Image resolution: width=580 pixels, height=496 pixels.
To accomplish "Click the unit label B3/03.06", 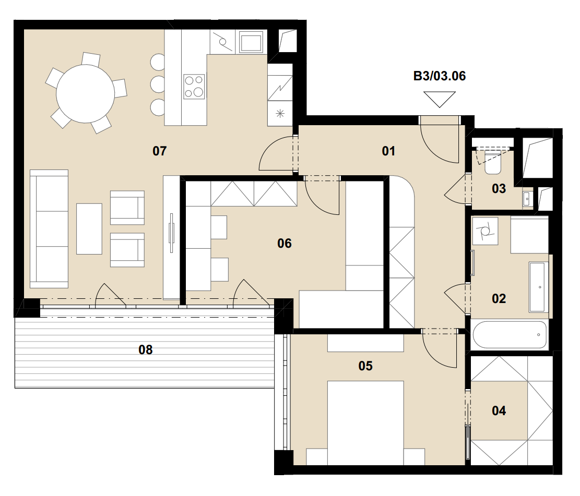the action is coord(440,76).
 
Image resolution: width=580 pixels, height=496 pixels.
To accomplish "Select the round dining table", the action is coord(86,94).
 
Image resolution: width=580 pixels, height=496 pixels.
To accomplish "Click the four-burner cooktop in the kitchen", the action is coord(194,87).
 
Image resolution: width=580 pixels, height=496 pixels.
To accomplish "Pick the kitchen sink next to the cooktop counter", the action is coord(251,42).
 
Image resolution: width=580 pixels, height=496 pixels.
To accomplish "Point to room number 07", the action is coord(160,151).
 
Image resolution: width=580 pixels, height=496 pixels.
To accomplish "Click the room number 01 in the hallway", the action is coord(388,151).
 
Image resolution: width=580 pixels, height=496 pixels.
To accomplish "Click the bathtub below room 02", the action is coord(510,335).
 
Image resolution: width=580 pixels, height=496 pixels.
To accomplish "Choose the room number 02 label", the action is coord(499,299).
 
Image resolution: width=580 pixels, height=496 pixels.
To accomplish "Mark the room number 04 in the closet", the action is coord(499,410).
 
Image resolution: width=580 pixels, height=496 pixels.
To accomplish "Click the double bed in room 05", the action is coord(365,423).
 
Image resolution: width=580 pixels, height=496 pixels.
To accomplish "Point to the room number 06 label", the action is coord(285,243).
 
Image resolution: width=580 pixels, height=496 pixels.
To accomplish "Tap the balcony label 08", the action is coord(145,349).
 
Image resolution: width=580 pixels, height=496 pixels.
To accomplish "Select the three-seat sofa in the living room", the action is coord(49,229).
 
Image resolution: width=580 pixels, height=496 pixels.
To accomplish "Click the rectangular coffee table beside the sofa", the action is coord(89,229).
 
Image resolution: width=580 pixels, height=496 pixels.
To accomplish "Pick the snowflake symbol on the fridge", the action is coord(280,114).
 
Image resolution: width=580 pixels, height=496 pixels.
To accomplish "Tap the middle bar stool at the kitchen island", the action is coord(158,84).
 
